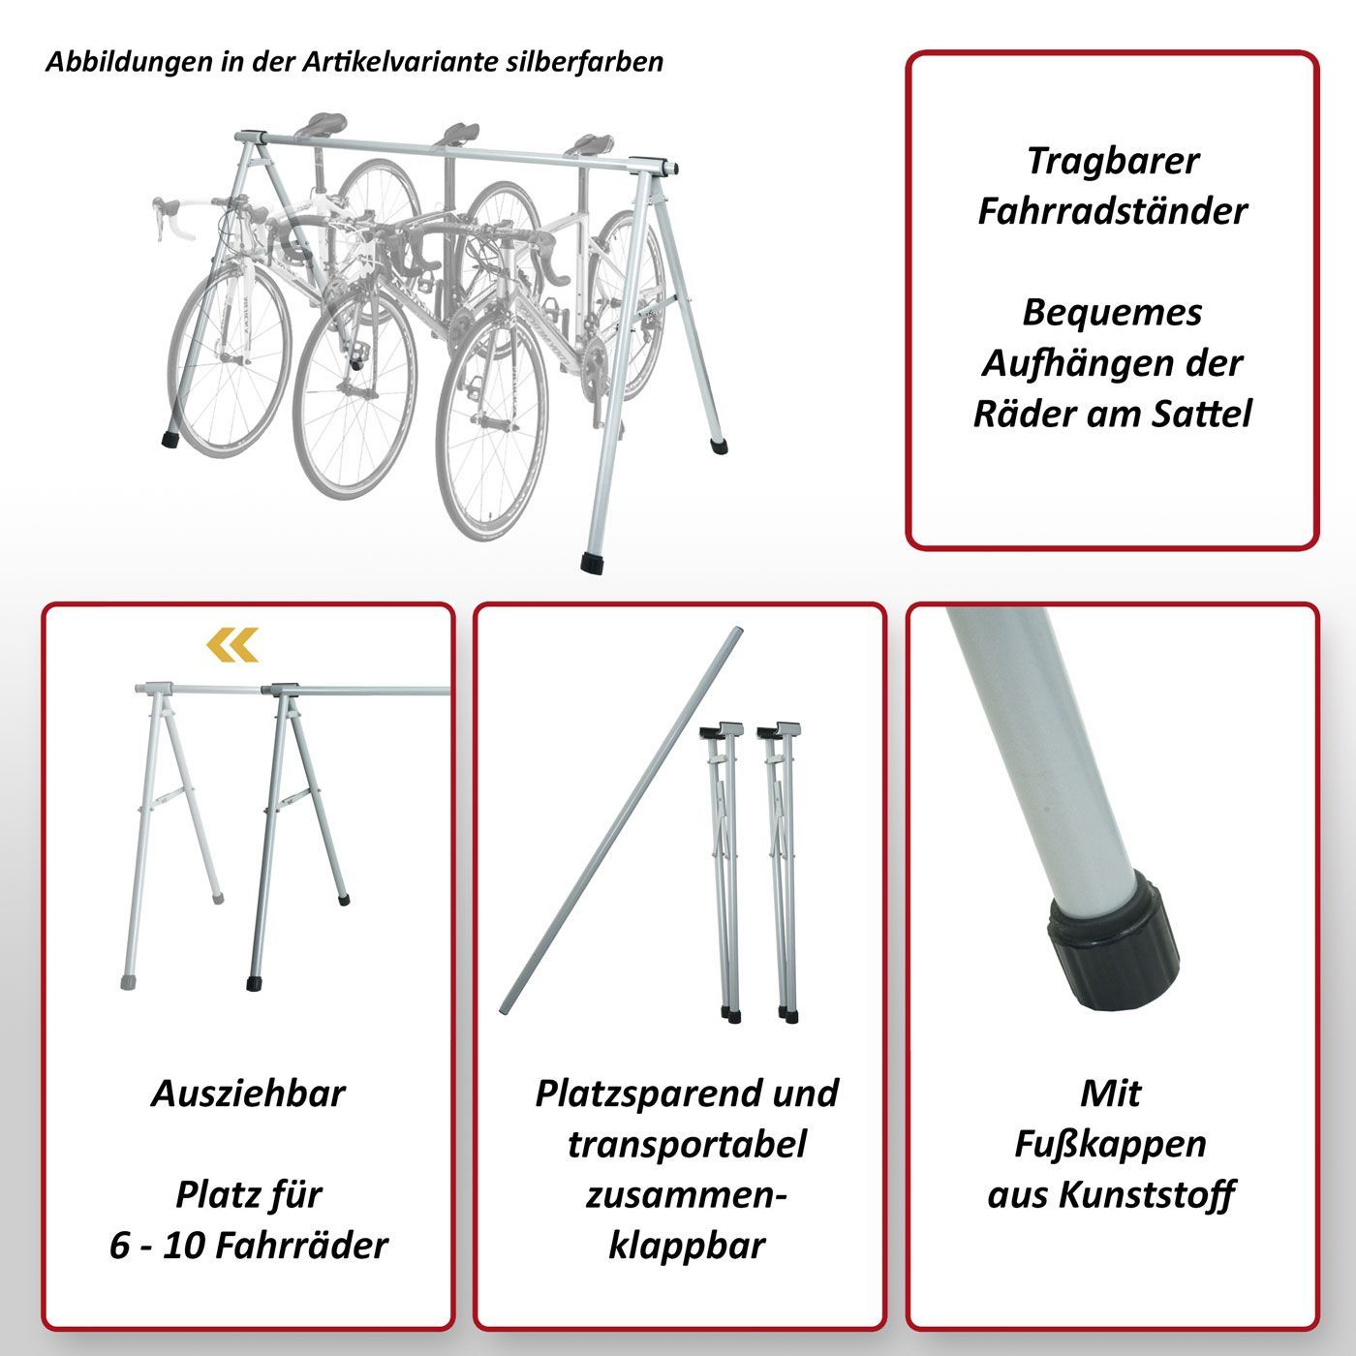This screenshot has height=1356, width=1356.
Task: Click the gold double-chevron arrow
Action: point(232,644)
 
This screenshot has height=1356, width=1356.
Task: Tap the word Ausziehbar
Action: point(248,1094)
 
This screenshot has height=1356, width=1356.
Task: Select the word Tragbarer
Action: point(1113,162)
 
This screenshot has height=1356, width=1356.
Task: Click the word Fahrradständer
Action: point(1113,211)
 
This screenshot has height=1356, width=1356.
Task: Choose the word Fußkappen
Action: point(1110,1145)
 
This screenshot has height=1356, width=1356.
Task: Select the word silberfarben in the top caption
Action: point(585,62)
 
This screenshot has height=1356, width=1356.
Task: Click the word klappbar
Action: point(687,1247)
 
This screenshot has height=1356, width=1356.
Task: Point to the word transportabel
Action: point(687,1145)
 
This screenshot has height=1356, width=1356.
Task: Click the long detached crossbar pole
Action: point(622,820)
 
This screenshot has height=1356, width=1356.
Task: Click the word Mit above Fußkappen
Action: point(1110,1094)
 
